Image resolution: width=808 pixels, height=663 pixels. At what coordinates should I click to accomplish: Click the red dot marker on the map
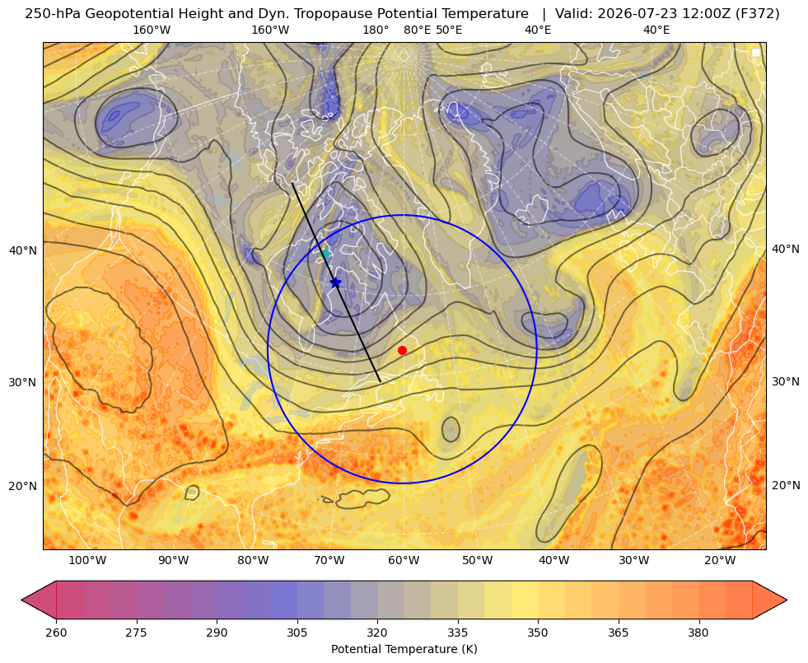tap(403, 350)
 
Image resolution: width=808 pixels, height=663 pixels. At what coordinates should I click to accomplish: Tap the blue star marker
tap(335, 282)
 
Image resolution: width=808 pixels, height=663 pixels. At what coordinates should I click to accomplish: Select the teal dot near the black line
tap(325, 254)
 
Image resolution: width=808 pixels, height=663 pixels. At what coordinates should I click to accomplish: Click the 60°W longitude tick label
tap(404, 561)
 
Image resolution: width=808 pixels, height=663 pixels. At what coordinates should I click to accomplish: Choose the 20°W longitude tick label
tap(720, 561)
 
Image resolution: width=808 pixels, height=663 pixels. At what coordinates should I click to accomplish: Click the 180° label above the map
tap(376, 30)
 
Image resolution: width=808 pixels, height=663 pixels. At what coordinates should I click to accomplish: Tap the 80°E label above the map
tap(417, 30)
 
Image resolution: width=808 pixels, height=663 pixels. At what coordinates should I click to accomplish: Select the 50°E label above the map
tap(449, 30)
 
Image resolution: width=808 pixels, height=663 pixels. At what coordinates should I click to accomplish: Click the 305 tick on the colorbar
tap(297, 633)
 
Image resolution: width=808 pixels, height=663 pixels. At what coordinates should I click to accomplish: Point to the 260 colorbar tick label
tap(56, 633)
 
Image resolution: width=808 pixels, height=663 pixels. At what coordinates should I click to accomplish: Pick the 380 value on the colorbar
tap(698, 633)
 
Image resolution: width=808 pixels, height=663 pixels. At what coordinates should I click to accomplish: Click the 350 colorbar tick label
tap(538, 633)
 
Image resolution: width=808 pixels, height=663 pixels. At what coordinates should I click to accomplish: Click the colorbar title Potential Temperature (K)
tap(404, 649)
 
